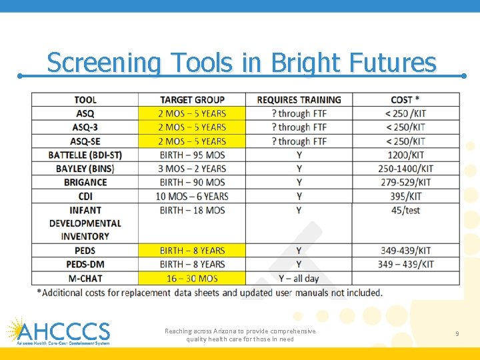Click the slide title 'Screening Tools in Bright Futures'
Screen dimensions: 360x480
[241, 63]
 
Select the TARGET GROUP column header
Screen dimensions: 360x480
[192, 100]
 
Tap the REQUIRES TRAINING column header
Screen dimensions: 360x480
[299, 100]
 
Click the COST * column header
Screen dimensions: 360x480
[405, 100]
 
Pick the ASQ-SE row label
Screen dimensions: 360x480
[85, 141]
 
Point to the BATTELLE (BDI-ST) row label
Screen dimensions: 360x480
[85, 155]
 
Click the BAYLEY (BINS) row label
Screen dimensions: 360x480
[85, 169]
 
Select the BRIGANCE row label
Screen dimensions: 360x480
[85, 182]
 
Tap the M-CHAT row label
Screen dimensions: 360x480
[85, 278]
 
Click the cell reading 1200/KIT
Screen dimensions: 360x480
[405, 155]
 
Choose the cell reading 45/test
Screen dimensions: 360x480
[405, 210]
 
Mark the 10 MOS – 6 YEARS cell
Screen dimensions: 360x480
[192, 196]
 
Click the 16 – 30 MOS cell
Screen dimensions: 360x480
[192, 278]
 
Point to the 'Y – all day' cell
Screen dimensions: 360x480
[299, 278]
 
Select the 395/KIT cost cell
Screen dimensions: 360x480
[405, 196]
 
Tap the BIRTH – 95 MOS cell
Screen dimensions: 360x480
[192, 155]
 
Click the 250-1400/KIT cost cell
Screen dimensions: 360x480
[405, 169]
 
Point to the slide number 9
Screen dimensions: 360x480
[457, 333]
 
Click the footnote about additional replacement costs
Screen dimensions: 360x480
[209, 293]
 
